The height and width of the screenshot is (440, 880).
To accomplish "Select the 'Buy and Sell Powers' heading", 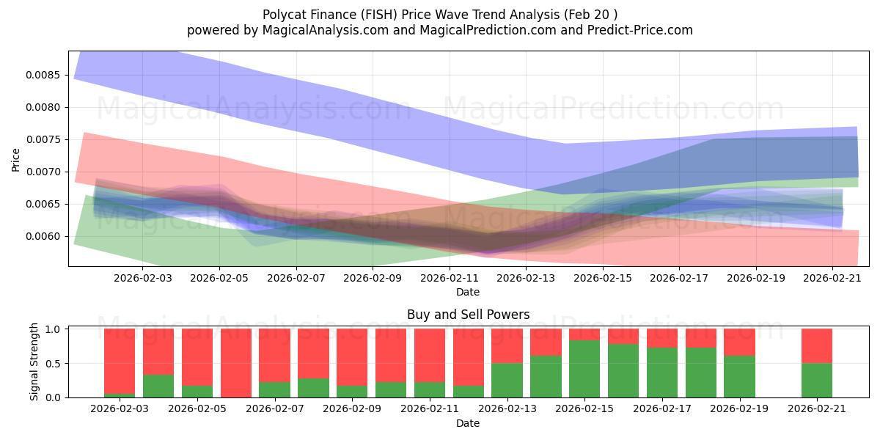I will pos(468,315).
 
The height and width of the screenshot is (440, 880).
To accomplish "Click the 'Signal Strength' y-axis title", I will pos(34,362).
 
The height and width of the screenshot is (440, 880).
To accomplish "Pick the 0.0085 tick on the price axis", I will pos(46,75).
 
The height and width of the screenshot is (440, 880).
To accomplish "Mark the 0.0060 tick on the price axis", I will pos(46,236).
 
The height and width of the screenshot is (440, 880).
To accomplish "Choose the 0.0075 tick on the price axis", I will pos(46,139).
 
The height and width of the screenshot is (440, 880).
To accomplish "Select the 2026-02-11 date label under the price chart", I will pos(449,279).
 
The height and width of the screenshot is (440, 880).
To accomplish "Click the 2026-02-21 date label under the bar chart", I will pos(817,409).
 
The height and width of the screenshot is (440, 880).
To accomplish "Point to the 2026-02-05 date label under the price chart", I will pos(219,279).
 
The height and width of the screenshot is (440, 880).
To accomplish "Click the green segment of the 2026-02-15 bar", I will pos(584,369).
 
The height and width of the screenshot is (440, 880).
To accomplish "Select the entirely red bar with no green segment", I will pos(236,363).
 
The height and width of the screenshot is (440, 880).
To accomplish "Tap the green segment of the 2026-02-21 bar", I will pos(817,380).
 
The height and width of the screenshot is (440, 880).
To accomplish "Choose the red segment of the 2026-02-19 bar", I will pos(739,342).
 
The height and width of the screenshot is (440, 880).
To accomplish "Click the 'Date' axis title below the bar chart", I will pos(468,423).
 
